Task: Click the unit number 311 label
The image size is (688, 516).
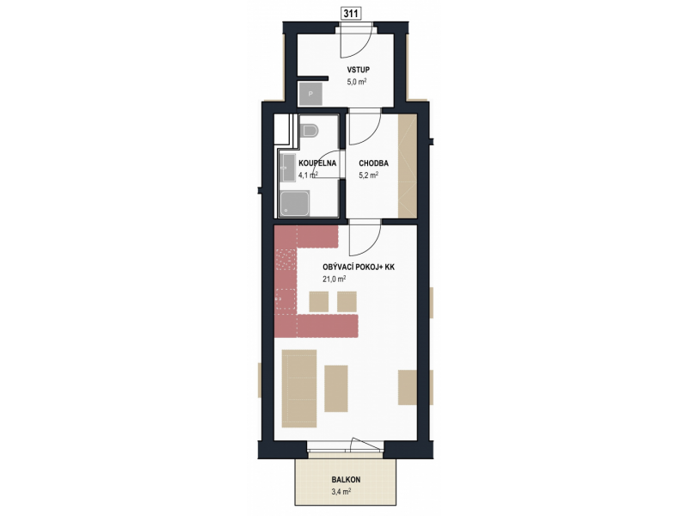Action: click(x=351, y=14)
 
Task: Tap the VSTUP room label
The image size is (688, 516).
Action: click(x=358, y=70)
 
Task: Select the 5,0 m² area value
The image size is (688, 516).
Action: click(x=357, y=82)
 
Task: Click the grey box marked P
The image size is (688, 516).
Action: click(x=310, y=94)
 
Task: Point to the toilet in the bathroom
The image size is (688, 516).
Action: click(x=310, y=131)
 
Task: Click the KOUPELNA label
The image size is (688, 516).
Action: click(x=317, y=163)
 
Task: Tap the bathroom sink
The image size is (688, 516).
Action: click(x=288, y=167)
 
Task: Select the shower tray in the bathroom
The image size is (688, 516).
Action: click(x=295, y=204)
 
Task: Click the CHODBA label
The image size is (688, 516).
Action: click(x=373, y=163)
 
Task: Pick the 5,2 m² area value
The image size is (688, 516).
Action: click(x=369, y=175)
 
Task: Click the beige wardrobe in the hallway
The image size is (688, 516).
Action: click(x=407, y=165)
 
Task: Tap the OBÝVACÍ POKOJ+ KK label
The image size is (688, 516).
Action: click(x=359, y=267)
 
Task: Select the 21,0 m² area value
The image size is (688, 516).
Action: click(x=334, y=279)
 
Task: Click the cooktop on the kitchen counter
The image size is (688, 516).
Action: click(x=286, y=259)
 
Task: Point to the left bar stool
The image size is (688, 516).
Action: click(x=318, y=302)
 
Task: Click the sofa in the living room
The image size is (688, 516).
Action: click(x=299, y=389)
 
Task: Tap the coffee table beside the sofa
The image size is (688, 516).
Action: click(x=336, y=389)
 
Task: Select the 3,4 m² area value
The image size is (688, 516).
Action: click(x=341, y=492)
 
